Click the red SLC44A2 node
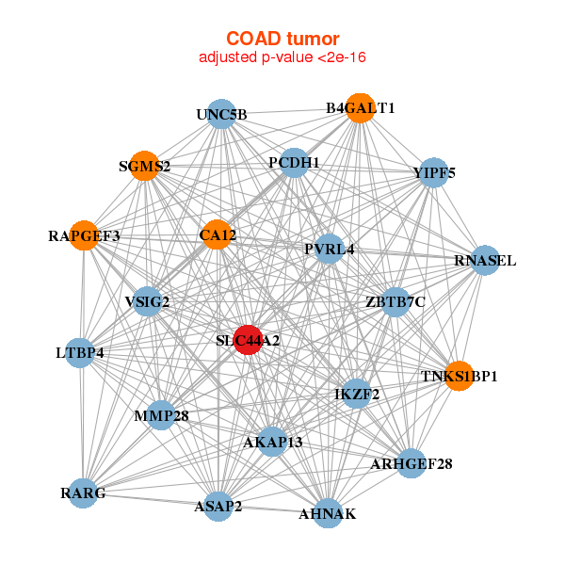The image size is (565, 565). point(247,340)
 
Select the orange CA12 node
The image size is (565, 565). point(217,234)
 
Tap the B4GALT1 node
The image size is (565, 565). point(359,108)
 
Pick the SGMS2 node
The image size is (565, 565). point(143,166)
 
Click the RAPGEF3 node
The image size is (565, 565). point(85,235)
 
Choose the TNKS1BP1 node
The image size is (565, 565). point(459,376)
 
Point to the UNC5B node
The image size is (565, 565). point(220,115)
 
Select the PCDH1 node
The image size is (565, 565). point(294,163)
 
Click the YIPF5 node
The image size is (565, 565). point(432,173)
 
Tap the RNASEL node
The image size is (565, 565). point(484,260)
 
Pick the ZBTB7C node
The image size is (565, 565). point(395,301)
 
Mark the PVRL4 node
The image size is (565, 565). point(329,250)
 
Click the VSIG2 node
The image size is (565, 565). point(147,301)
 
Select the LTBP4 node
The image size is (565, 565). point(80,353)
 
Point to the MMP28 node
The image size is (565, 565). point(161,415)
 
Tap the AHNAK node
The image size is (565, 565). point(327,513)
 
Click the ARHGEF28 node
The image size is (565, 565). point(411,463)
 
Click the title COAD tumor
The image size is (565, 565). point(282,39)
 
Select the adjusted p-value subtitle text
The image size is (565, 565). point(282,57)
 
